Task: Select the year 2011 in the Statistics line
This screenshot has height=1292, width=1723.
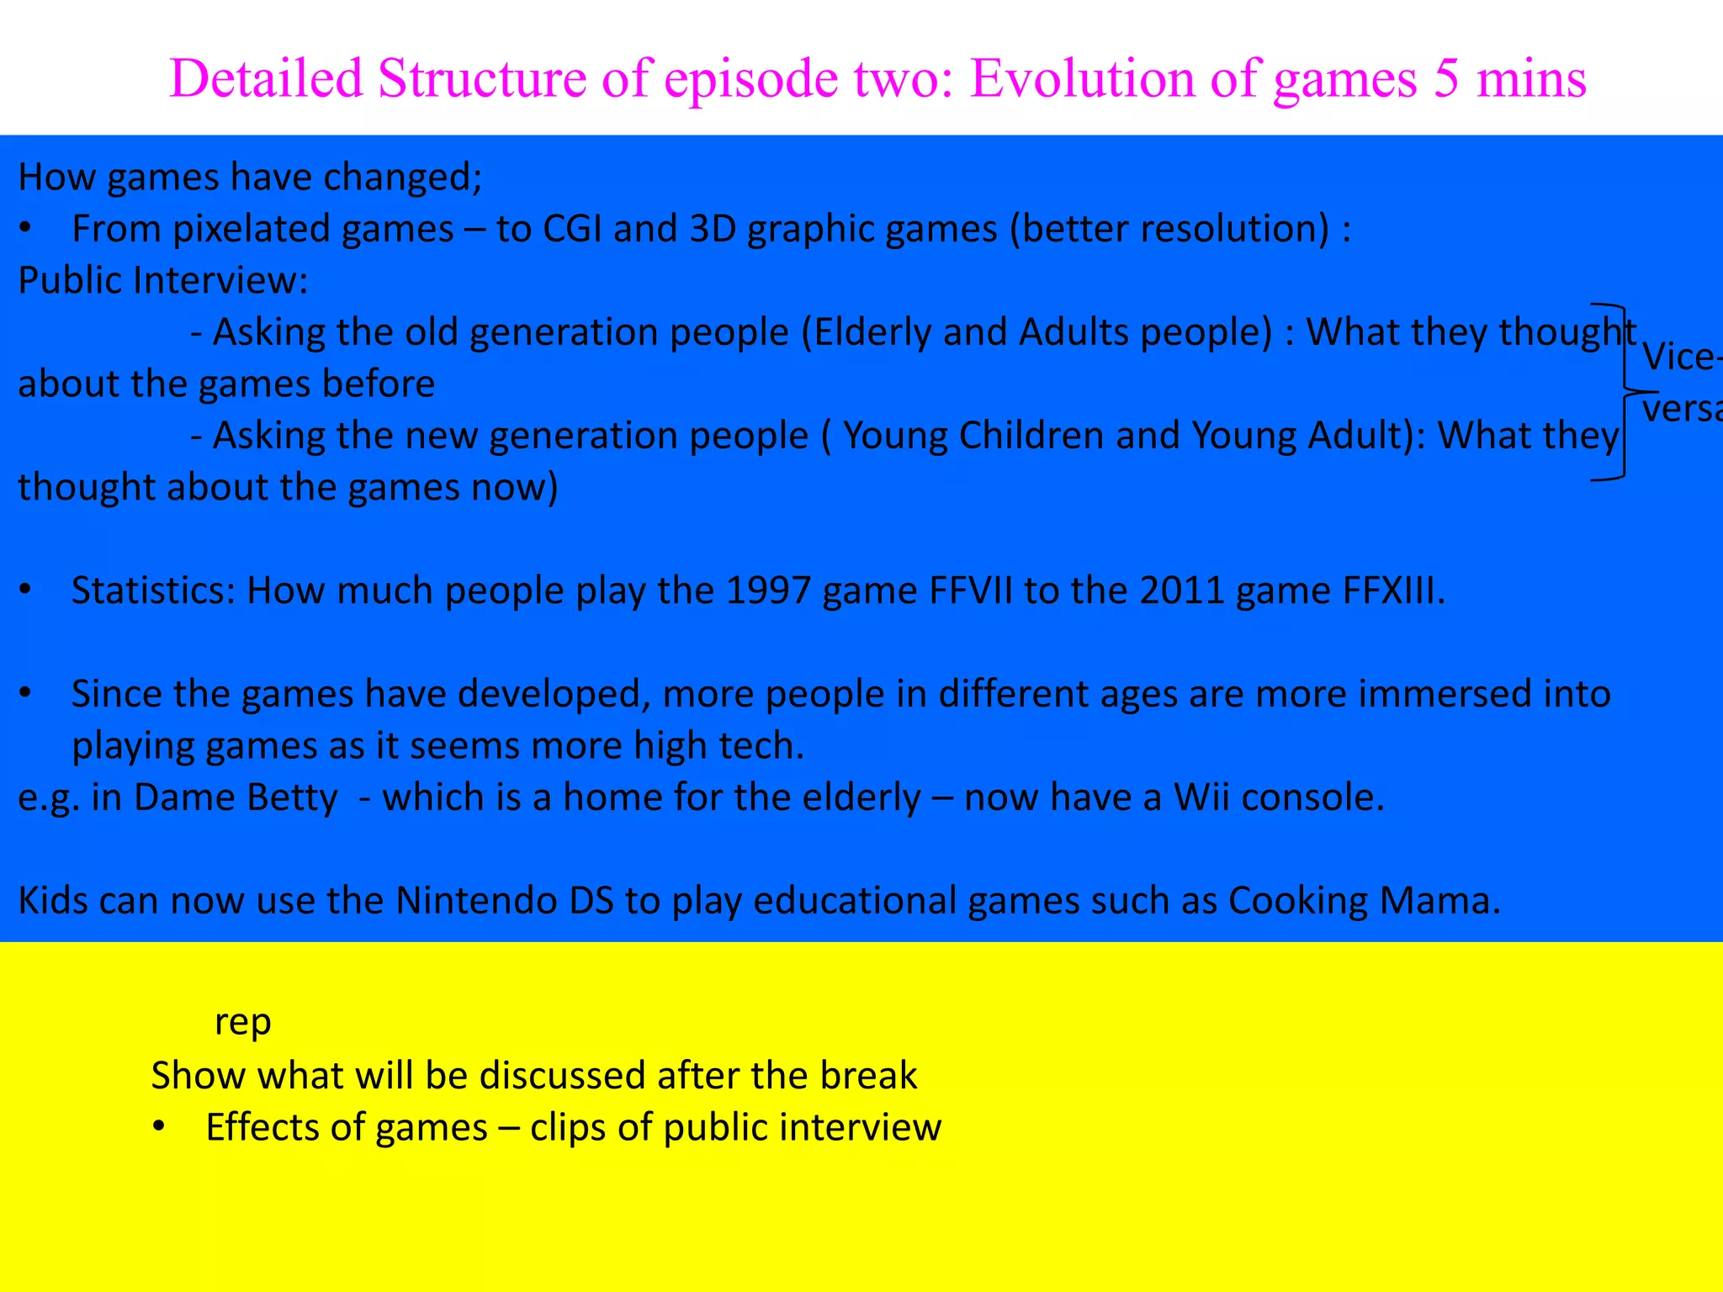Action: tap(1182, 591)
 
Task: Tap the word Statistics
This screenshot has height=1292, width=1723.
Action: tap(152, 591)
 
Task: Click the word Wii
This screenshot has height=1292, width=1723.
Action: tap(1201, 798)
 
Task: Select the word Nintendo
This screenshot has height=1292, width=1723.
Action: tap(477, 902)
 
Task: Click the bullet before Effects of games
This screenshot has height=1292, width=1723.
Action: tap(159, 1127)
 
